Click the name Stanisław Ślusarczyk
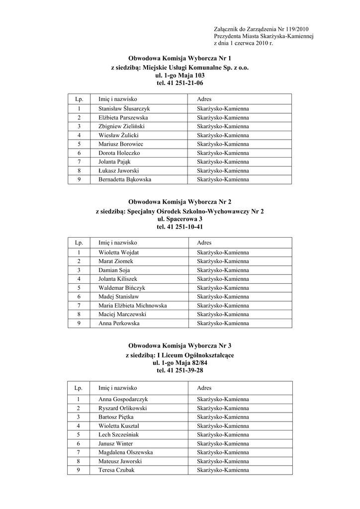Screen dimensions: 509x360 [124, 108]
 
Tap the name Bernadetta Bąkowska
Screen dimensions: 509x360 [125, 179]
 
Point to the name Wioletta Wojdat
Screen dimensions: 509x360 [118, 253]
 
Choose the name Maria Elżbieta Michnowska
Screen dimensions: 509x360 [133, 305]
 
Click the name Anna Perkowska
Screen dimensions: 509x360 [119, 323]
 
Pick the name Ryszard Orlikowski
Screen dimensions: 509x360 [122, 408]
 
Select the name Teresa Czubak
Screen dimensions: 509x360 [116, 470]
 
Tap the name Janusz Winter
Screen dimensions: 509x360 [115, 443]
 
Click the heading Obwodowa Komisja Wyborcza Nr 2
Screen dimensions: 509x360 [180, 202]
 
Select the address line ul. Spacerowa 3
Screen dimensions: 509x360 [180, 219]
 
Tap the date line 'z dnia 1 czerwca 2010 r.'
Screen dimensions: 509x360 [244, 44]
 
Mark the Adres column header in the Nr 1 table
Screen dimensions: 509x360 [204, 99]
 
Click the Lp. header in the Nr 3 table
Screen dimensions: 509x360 [78, 388]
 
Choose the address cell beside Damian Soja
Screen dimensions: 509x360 [223, 270]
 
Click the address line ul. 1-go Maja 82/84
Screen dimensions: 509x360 [180, 363]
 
